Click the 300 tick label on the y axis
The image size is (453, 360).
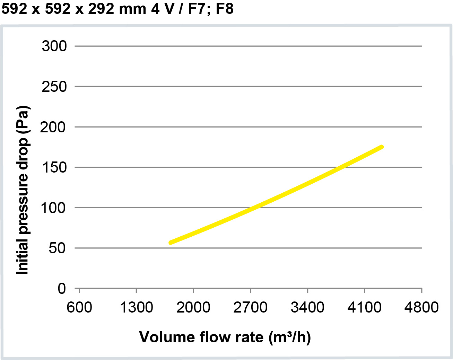(54, 46)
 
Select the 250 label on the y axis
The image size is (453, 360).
(54, 87)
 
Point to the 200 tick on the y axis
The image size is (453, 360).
(53, 127)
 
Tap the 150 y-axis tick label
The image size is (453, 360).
(54, 168)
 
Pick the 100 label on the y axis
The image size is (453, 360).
(53, 208)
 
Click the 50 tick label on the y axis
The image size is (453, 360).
(57, 248)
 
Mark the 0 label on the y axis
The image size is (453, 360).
(62, 288)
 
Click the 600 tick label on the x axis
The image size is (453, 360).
(79, 307)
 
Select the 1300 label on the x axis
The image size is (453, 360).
(136, 307)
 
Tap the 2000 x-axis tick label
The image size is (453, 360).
(193, 307)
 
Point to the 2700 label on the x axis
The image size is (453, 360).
(250, 307)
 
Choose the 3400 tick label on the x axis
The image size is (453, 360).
(307, 307)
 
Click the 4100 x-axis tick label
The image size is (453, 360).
(364, 307)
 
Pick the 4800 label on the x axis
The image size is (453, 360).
(421, 307)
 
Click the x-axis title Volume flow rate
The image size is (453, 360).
(225, 337)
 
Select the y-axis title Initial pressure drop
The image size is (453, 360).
(23, 190)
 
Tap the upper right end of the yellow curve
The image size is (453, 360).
(382, 147)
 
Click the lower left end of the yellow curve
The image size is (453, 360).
(171, 243)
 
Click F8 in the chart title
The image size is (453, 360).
(225, 9)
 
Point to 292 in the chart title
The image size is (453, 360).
(101, 9)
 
